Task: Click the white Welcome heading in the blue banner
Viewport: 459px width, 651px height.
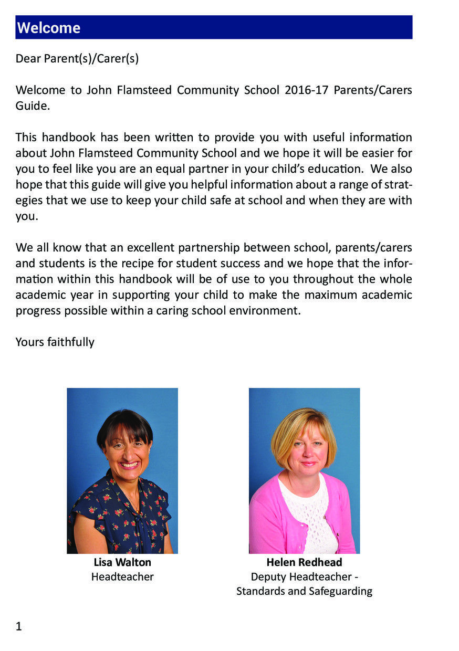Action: [x=48, y=28]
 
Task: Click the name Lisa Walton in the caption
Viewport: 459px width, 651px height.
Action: [x=122, y=562]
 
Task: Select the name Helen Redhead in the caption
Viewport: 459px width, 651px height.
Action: [x=304, y=562]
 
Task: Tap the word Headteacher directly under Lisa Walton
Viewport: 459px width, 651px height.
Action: [x=122, y=577]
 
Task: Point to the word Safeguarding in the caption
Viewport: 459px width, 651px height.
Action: [x=339, y=591]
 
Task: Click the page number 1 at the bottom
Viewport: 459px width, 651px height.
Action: [x=19, y=626]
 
